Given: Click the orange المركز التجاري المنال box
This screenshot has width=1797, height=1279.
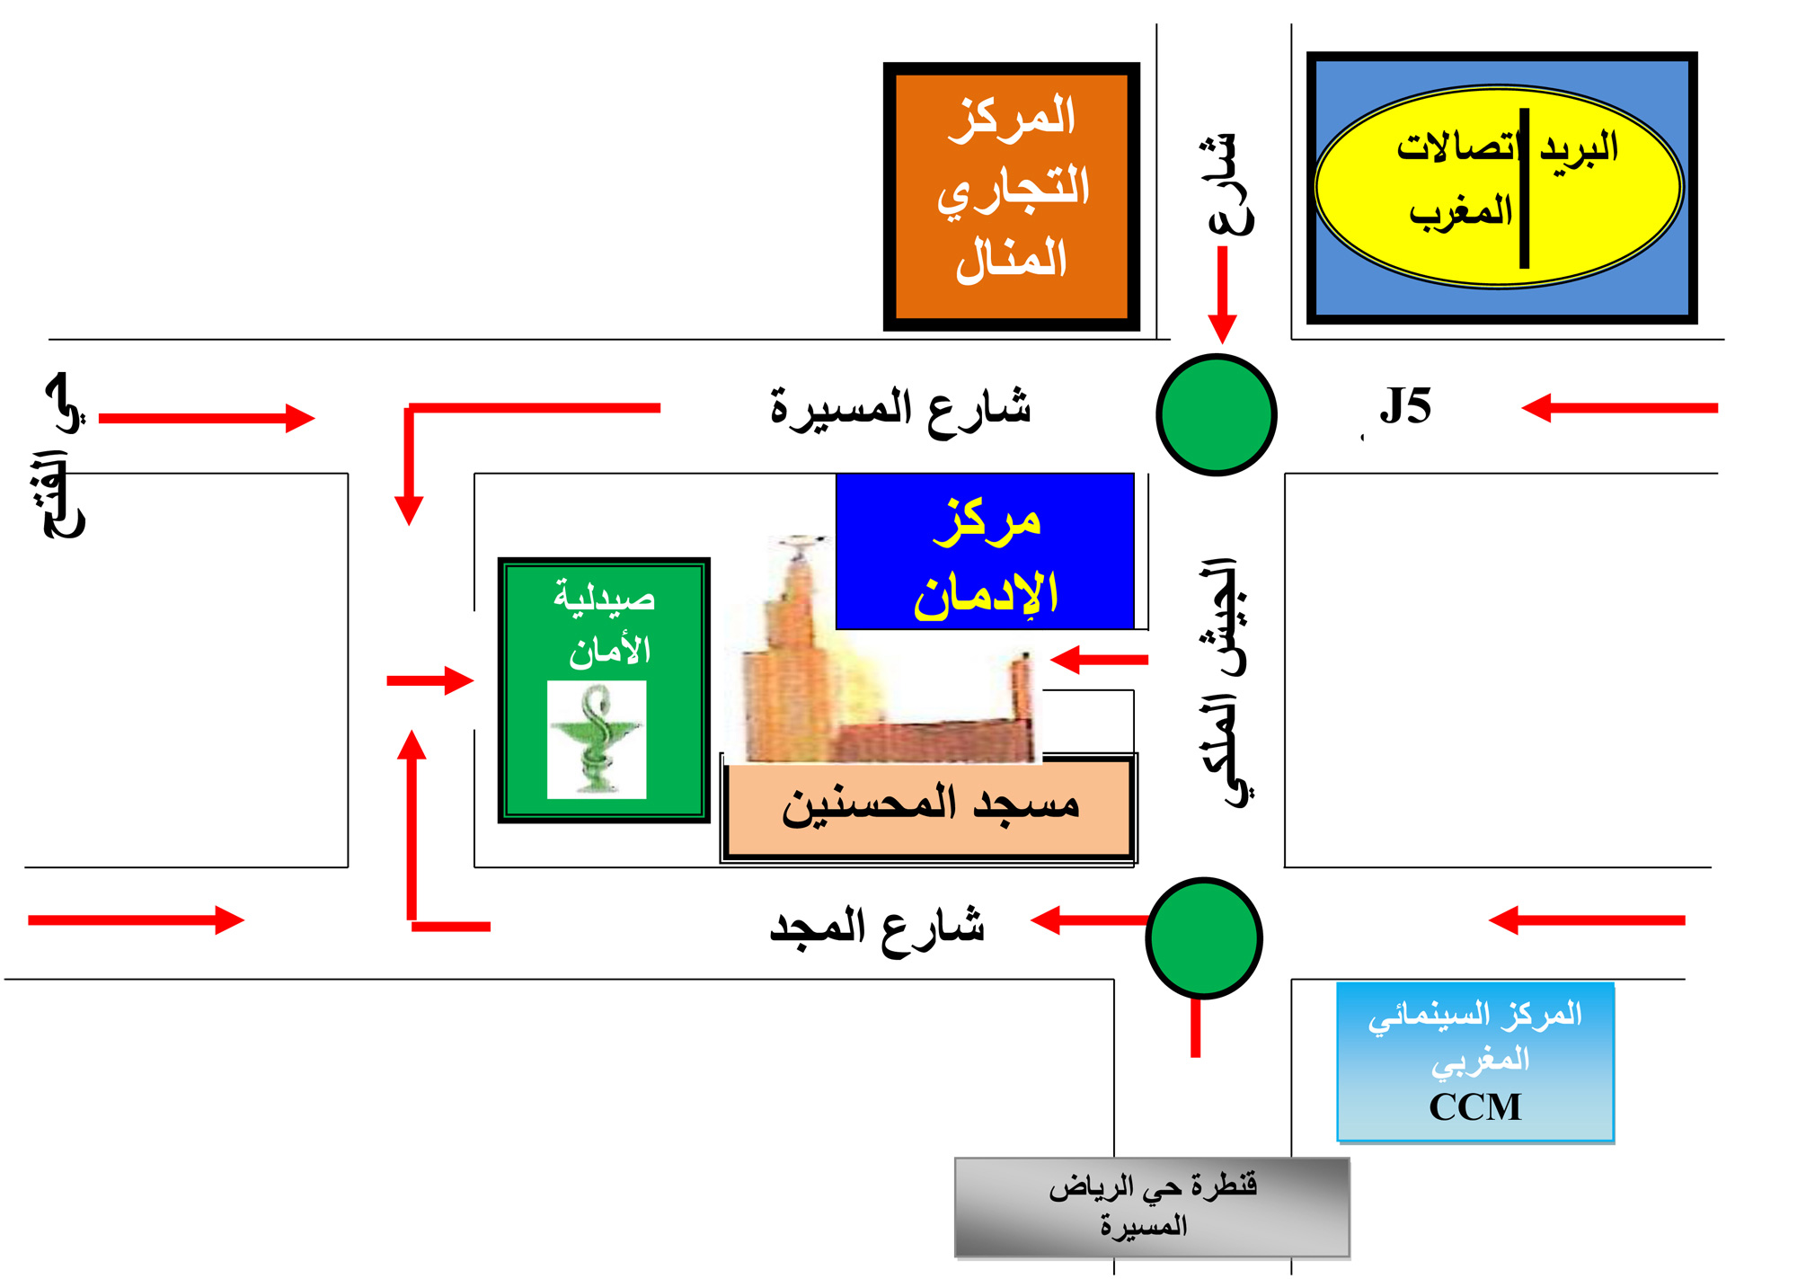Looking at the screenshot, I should click(x=1011, y=196).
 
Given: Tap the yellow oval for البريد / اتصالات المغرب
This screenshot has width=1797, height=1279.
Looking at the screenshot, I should click(x=1499, y=188).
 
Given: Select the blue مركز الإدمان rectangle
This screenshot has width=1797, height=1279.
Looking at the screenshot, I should click(x=985, y=552).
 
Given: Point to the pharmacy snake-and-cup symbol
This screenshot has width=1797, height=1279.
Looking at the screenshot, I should click(x=597, y=739).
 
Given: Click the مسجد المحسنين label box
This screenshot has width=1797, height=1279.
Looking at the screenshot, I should click(x=929, y=806).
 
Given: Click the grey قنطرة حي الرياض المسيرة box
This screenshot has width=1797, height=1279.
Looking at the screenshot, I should click(x=1152, y=1207).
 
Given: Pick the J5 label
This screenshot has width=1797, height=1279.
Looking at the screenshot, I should click(x=1405, y=406).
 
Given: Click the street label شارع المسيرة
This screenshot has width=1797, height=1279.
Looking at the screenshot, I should click(x=900, y=409).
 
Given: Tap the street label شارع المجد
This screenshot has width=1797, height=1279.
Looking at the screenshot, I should click(x=877, y=927).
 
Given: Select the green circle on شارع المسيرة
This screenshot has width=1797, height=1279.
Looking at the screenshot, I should click(x=1216, y=414).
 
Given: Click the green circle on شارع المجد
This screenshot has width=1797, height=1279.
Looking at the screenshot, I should click(x=1204, y=937).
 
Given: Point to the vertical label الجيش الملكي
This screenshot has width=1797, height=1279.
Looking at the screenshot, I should click(x=1224, y=683).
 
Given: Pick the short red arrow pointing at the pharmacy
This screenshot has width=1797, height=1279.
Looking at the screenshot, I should click(x=429, y=680).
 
